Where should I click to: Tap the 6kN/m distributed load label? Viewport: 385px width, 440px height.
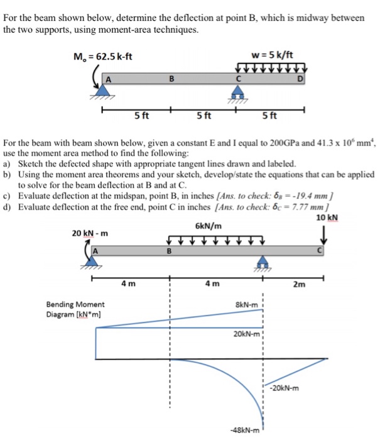pyautogui.click(x=208, y=226)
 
